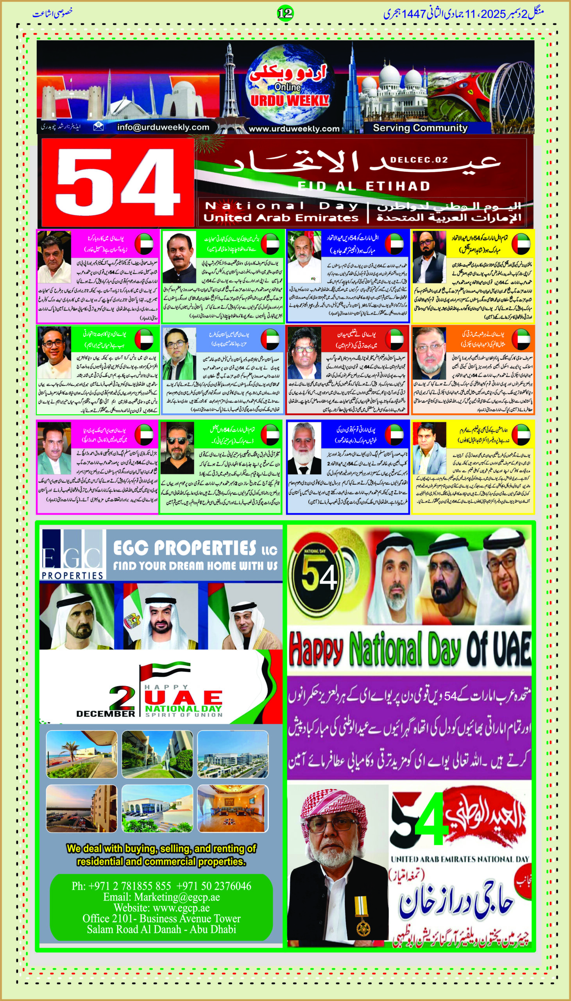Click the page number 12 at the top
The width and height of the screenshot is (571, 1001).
point(285,13)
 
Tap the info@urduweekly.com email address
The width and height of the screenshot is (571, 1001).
point(163,127)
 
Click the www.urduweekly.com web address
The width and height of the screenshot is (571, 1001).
point(294,129)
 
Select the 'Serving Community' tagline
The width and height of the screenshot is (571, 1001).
point(420,128)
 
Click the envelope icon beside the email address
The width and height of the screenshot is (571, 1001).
point(98,126)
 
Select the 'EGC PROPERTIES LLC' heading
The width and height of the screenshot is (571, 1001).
point(195,548)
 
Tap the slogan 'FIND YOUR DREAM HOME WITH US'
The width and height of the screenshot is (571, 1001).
point(195,566)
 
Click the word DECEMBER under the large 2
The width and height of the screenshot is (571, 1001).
point(106,714)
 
